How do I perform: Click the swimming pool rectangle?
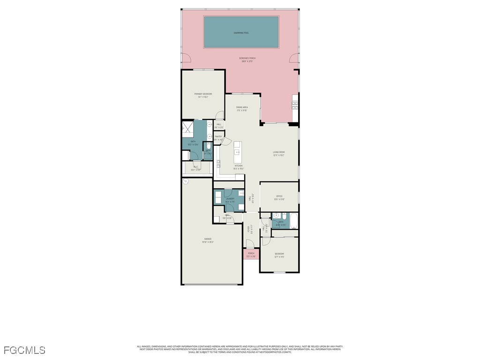point(241,32)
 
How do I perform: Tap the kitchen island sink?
point(237,152)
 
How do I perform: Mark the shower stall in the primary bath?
point(187,127)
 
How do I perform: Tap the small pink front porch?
point(251,255)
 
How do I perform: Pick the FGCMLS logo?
point(24,350)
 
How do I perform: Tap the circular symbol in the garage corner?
point(186,182)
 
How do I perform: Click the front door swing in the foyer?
point(250,243)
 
